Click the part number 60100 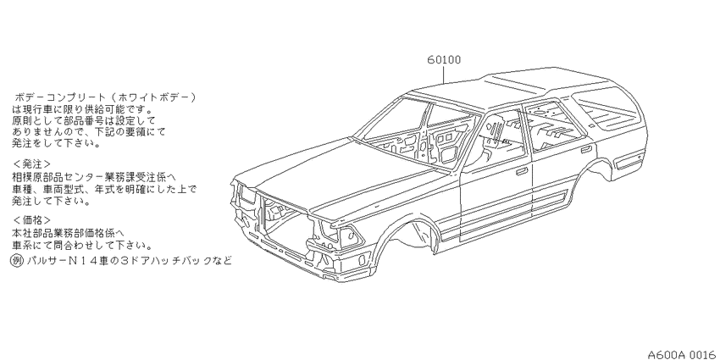(x=444, y=59)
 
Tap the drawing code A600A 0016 (x=682, y=354)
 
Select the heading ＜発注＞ (x=31, y=164)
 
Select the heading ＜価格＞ (x=31, y=220)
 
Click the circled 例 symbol (x=17, y=261)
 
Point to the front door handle (x=521, y=172)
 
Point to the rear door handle (x=586, y=150)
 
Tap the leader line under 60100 (x=444, y=75)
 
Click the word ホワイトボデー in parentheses (x=154, y=97)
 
